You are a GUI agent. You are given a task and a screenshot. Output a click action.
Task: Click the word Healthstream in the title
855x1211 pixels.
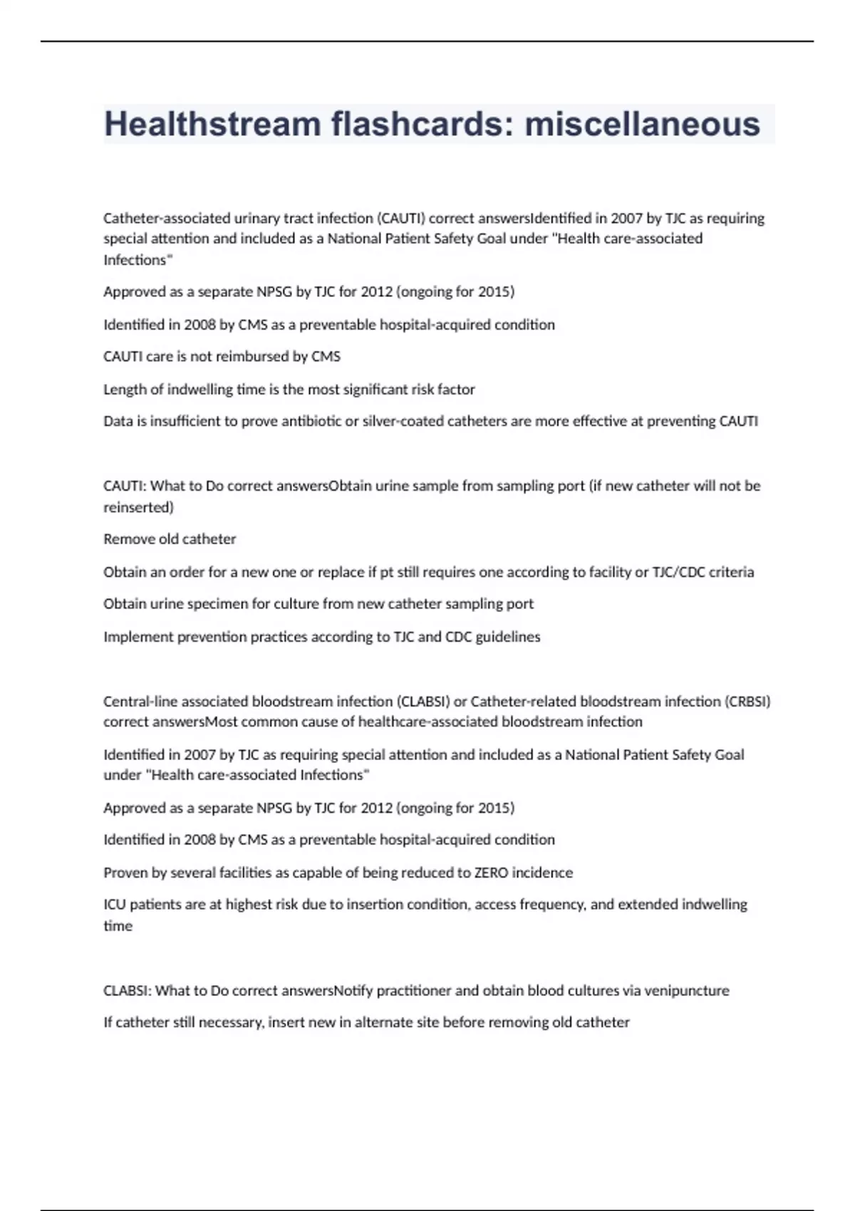(x=212, y=124)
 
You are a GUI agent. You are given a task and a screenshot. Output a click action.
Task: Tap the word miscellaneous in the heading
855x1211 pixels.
(x=642, y=124)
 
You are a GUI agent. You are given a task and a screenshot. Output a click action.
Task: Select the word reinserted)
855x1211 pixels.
(x=138, y=507)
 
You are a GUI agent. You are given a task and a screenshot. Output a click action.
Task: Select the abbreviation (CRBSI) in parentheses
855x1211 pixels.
(x=747, y=702)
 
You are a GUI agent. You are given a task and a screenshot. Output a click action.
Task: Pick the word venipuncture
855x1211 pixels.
(x=686, y=991)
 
